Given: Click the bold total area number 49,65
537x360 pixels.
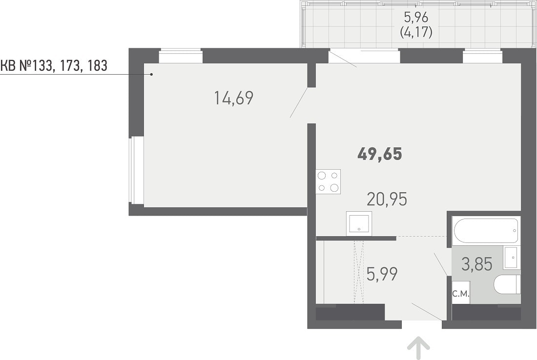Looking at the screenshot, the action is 379,154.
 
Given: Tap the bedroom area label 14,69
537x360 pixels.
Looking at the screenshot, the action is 233,98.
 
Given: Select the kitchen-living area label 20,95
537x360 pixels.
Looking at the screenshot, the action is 387,199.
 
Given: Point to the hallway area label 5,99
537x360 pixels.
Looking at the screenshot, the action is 382,274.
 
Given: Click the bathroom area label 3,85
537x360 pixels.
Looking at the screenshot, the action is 477,264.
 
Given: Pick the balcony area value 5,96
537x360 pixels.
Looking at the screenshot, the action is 416,17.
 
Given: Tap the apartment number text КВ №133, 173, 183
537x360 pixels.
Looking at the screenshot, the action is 54,65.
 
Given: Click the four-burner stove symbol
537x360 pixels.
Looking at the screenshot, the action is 328,181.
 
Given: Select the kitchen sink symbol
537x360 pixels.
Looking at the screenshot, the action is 359,223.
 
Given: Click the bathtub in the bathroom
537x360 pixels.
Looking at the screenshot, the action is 486,231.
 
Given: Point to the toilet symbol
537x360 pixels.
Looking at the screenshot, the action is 507,285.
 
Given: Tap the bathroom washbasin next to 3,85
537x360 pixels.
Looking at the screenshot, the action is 512,257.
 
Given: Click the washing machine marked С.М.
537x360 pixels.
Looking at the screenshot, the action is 461,293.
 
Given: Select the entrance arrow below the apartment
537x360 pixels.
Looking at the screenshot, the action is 418,348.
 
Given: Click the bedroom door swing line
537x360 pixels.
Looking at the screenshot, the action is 299,102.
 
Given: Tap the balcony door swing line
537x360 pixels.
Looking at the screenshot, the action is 343,59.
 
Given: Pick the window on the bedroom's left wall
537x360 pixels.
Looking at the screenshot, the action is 136,170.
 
